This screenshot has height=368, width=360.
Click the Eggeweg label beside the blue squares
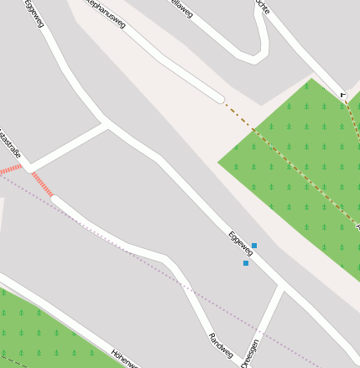[240, 243]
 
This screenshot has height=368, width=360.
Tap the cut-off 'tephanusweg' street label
[106, 15]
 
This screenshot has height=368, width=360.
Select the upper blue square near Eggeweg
[254, 246]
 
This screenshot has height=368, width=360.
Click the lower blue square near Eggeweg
[246, 263]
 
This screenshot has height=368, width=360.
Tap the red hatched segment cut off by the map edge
[9, 169]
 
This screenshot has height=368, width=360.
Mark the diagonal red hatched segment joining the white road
[43, 185]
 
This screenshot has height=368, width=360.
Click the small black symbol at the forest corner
[342, 95]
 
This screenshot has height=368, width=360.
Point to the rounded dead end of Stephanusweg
[218, 97]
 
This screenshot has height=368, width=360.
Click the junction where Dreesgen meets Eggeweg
[280, 288]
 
